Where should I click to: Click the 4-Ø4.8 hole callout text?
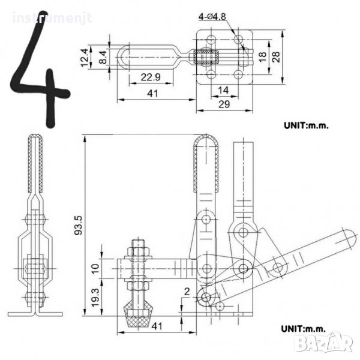click(x=212, y=17)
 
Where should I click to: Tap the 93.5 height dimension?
click(x=79, y=225)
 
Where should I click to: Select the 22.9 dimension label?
click(x=151, y=77)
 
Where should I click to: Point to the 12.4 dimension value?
click(x=85, y=58)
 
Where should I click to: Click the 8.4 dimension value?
click(x=103, y=58)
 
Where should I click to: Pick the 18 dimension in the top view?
click(x=262, y=57)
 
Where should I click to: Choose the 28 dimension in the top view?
click(x=276, y=57)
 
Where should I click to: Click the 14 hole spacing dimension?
click(x=223, y=90)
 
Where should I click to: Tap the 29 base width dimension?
click(x=224, y=104)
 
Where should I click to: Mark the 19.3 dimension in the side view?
click(x=96, y=298)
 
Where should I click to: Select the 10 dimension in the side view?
click(x=95, y=268)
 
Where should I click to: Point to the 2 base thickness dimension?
click(x=187, y=292)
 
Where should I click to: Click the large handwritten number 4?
click(x=40, y=69)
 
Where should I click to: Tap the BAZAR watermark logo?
click(x=324, y=343)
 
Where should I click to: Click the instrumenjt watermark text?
click(x=52, y=18)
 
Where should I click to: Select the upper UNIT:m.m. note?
click(x=306, y=125)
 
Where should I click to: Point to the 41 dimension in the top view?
click(x=152, y=94)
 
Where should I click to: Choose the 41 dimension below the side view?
click(x=157, y=326)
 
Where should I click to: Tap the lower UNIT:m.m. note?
click(x=304, y=329)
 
